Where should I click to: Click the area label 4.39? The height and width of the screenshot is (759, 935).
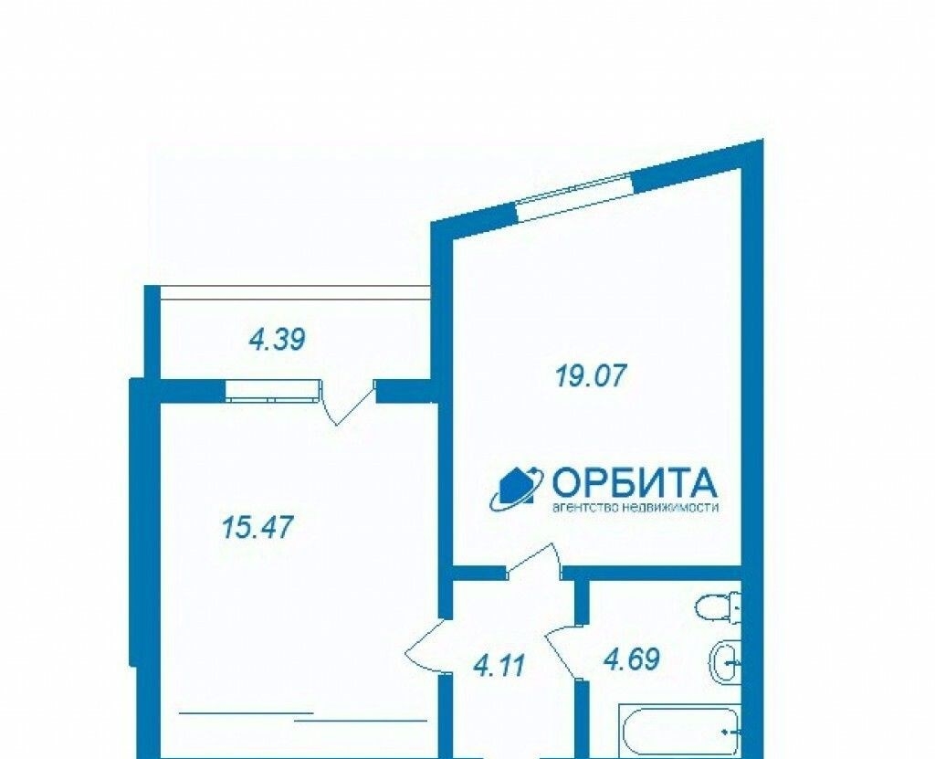point(278,340)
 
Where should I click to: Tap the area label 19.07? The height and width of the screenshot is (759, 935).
point(591,376)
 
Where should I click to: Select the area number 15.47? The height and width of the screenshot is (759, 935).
point(258,528)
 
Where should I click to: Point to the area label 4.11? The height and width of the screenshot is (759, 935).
point(499,665)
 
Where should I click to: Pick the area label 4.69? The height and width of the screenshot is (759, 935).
point(632,660)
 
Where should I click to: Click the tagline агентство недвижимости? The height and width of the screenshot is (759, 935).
point(636,508)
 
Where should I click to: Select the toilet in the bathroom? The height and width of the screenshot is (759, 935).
point(718,607)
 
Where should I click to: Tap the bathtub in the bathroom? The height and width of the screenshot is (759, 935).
point(679,732)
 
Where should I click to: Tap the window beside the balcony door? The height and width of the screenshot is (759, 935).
point(273,391)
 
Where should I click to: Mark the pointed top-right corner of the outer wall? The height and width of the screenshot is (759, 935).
point(762,140)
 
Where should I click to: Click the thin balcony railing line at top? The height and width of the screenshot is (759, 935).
point(296,291)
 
